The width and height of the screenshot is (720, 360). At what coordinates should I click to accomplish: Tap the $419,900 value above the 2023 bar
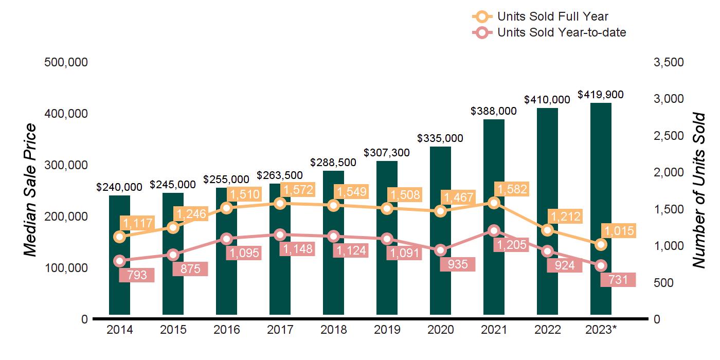pyautogui.click(x=601, y=95)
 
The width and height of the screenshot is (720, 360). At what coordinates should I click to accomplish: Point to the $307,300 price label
pyautogui.click(x=387, y=153)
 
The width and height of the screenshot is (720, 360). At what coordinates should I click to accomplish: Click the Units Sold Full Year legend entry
pyautogui.click(x=553, y=16)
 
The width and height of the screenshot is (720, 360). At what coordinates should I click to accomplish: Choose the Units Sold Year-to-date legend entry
pyautogui.click(x=562, y=32)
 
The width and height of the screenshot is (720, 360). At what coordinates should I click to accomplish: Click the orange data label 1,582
pyautogui.click(x=511, y=189)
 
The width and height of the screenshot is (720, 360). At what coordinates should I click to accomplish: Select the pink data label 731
pyautogui.click(x=619, y=280)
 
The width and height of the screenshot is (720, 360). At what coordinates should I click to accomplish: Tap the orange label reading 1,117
pyautogui.click(x=137, y=223)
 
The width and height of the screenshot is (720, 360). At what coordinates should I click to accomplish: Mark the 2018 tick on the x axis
pyautogui.click(x=333, y=330)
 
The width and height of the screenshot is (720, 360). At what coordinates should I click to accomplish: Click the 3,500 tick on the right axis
pyautogui.click(x=669, y=62)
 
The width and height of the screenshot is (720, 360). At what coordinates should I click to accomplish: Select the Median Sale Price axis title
pyautogui.click(x=31, y=190)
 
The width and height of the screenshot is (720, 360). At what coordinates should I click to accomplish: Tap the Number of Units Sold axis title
pyautogui.click(x=698, y=190)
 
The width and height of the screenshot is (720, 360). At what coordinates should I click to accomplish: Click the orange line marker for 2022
pyautogui.click(x=547, y=230)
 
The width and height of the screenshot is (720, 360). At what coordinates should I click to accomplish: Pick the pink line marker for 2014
pyautogui.click(x=119, y=261)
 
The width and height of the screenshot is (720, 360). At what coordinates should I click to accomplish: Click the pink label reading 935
pyautogui.click(x=458, y=264)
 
